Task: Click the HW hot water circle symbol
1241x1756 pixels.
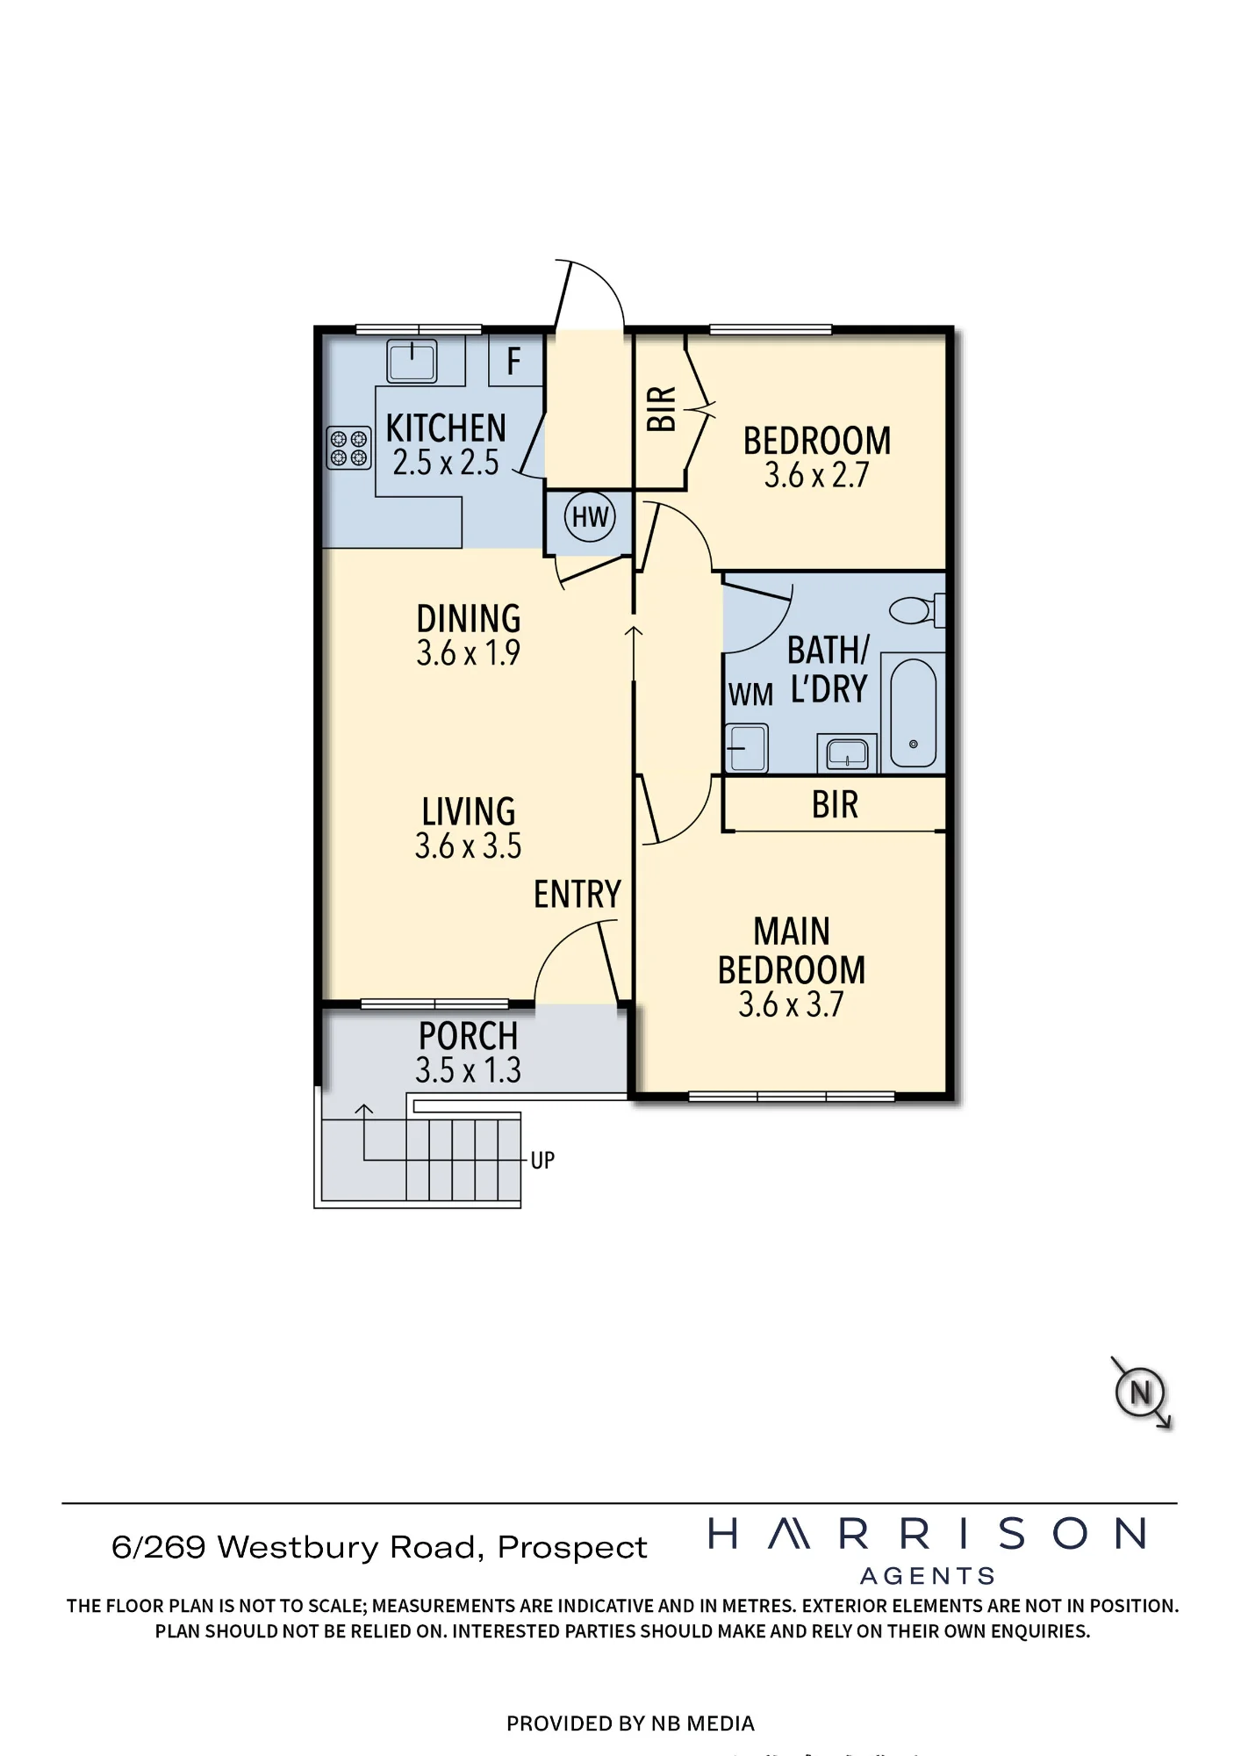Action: click(x=590, y=517)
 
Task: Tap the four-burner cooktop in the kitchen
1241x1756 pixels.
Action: click(x=349, y=448)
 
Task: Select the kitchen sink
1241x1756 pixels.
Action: click(x=412, y=361)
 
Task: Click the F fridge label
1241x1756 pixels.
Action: click(x=514, y=361)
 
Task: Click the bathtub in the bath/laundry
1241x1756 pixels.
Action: click(x=913, y=713)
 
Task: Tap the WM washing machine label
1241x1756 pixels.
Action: click(x=750, y=695)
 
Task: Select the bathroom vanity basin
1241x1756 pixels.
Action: click(x=847, y=753)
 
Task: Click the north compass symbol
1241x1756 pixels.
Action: click(x=1140, y=1393)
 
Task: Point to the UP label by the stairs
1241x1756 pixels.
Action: click(x=542, y=1161)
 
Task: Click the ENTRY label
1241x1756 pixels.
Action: click(x=577, y=895)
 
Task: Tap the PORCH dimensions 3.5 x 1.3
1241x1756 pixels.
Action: click(x=469, y=1070)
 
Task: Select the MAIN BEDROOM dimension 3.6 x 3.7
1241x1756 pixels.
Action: click(x=791, y=1004)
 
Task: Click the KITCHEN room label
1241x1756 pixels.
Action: click(x=446, y=428)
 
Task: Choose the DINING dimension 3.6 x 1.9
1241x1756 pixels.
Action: click(x=469, y=653)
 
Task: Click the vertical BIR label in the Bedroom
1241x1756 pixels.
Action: click(x=662, y=408)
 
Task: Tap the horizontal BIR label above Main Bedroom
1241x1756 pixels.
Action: click(x=835, y=805)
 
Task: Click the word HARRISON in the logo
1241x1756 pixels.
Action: click(x=928, y=1534)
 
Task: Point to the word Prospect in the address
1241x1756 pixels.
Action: click(x=572, y=1547)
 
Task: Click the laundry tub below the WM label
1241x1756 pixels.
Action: click(x=747, y=748)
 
